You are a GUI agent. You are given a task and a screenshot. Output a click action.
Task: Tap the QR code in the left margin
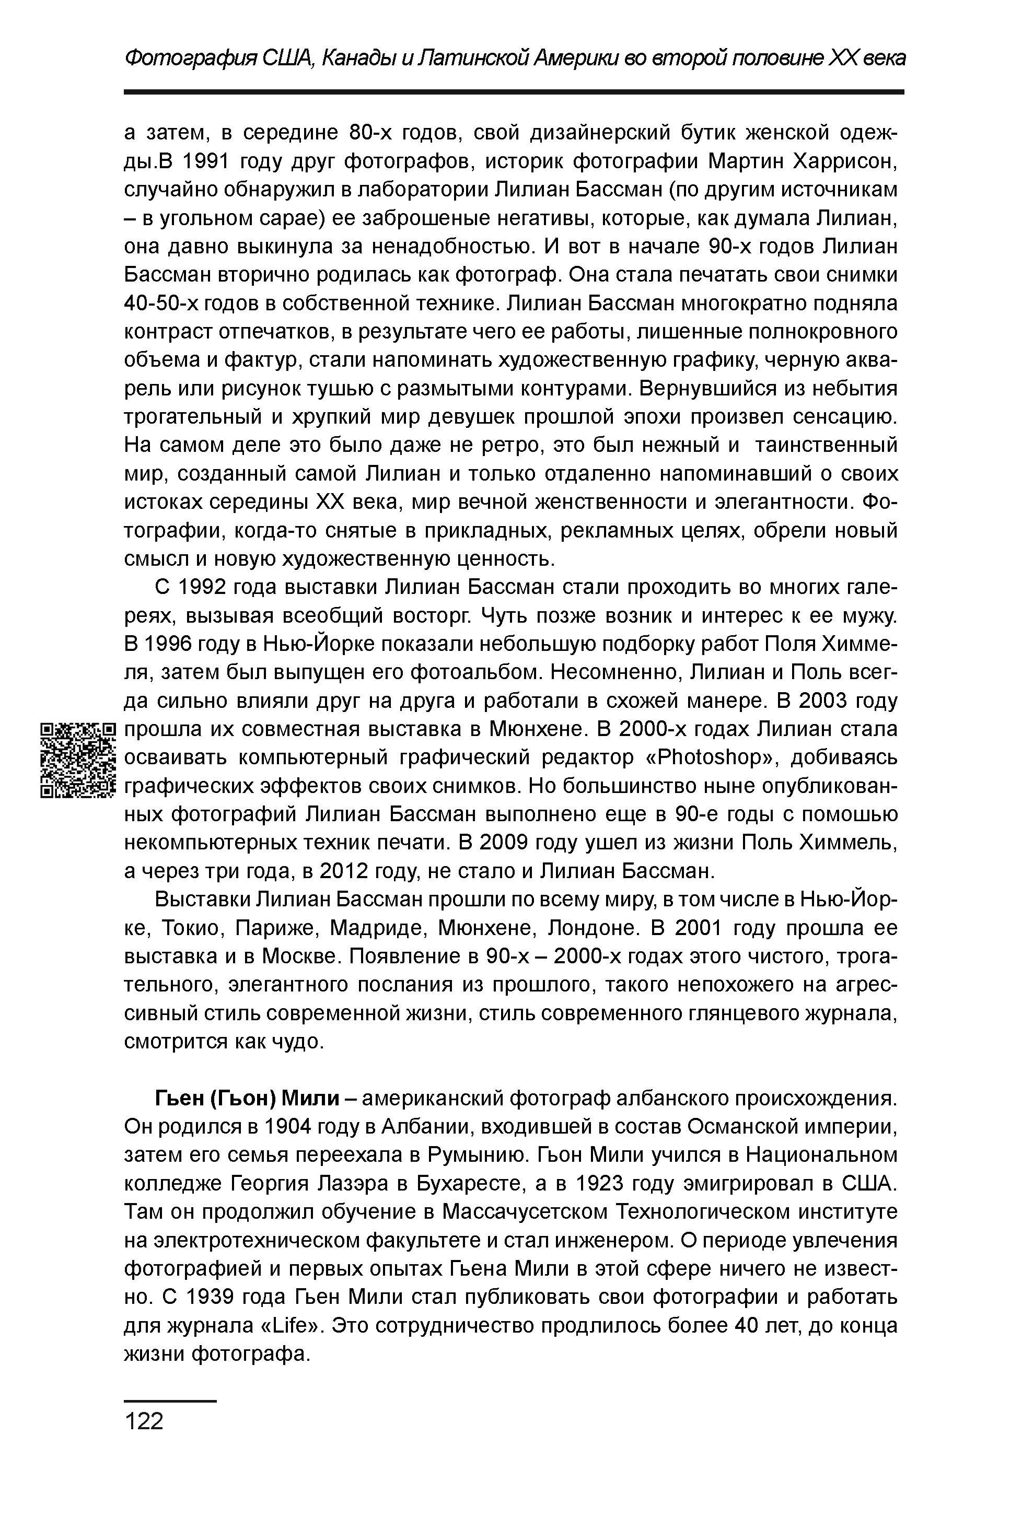[x=77, y=761]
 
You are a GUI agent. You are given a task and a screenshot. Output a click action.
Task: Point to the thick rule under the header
[x=514, y=92]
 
